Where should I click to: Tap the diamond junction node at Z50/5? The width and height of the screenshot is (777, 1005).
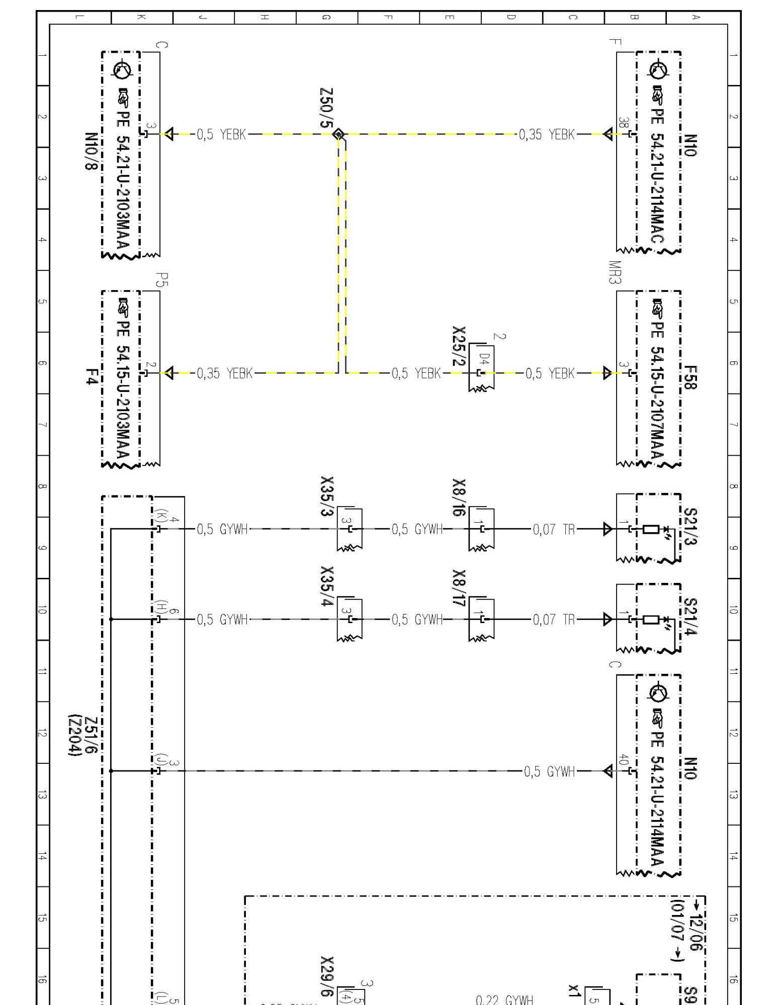[x=339, y=134]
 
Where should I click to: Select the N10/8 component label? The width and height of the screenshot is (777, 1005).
[x=91, y=151]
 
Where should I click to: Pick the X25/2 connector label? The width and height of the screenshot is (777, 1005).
[x=459, y=347]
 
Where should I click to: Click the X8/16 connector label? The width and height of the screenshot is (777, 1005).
[x=459, y=497]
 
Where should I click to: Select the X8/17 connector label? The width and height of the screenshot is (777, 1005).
[x=459, y=588]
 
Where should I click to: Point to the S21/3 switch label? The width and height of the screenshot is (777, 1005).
[x=690, y=527]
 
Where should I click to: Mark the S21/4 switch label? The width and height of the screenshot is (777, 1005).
[x=690, y=617]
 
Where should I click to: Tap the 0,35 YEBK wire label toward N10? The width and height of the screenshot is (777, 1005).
[x=547, y=135]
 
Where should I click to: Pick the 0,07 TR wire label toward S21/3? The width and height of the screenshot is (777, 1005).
[x=554, y=529]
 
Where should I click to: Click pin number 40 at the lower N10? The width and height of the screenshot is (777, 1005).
[x=624, y=760]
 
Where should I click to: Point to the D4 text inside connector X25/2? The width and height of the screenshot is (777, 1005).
[x=484, y=360]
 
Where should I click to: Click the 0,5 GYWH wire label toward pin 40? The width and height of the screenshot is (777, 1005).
[x=549, y=771]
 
